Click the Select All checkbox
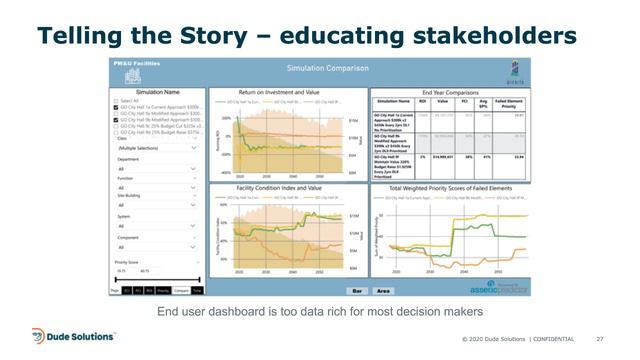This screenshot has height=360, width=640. [116, 101]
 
